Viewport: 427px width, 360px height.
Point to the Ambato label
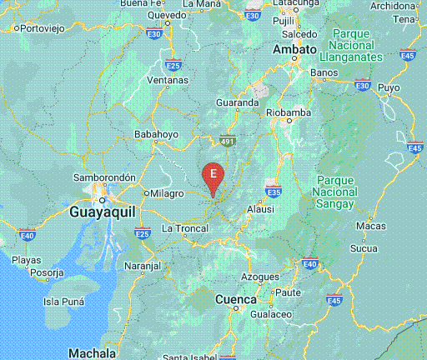[295, 49]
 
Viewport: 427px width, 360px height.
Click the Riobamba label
[288, 112]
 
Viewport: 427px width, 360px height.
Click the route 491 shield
[229, 142]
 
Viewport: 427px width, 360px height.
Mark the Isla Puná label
[66, 302]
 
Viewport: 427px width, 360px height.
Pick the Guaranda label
[238, 102]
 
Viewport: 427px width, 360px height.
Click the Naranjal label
[142, 265]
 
